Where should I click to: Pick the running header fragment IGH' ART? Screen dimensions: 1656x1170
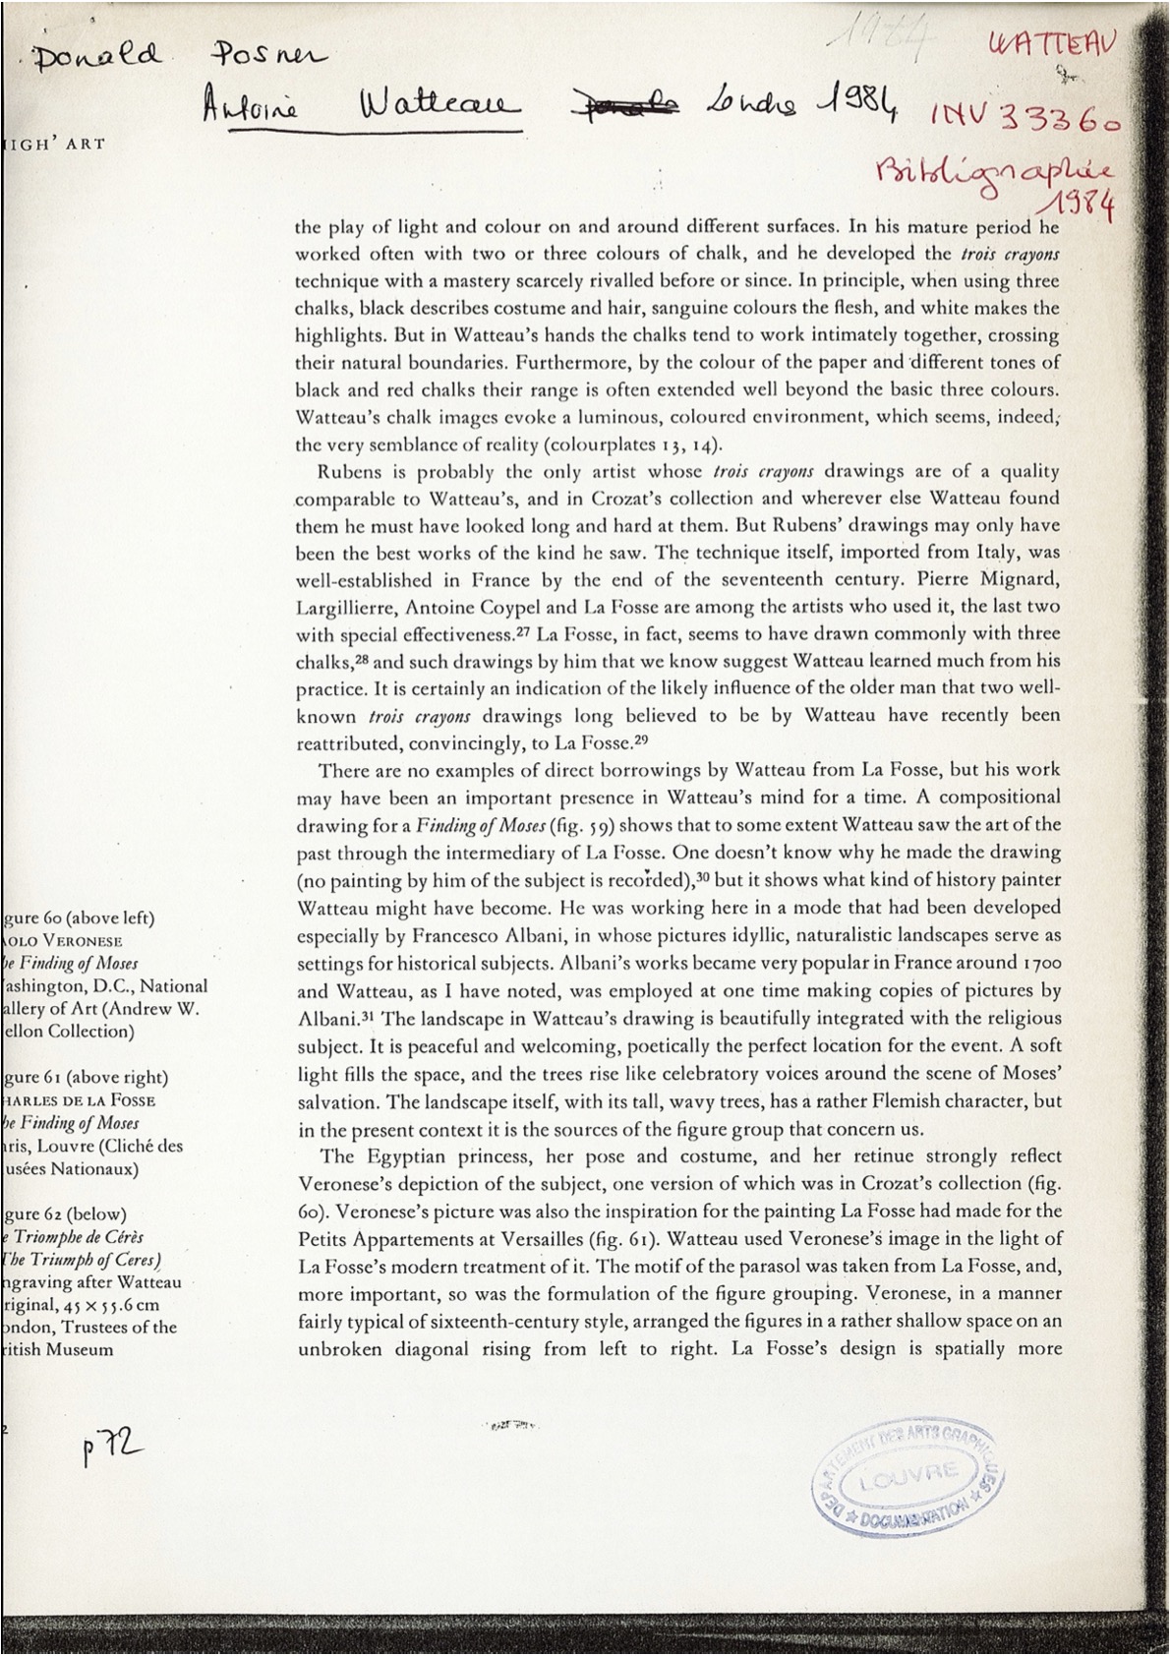(x=49, y=144)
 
